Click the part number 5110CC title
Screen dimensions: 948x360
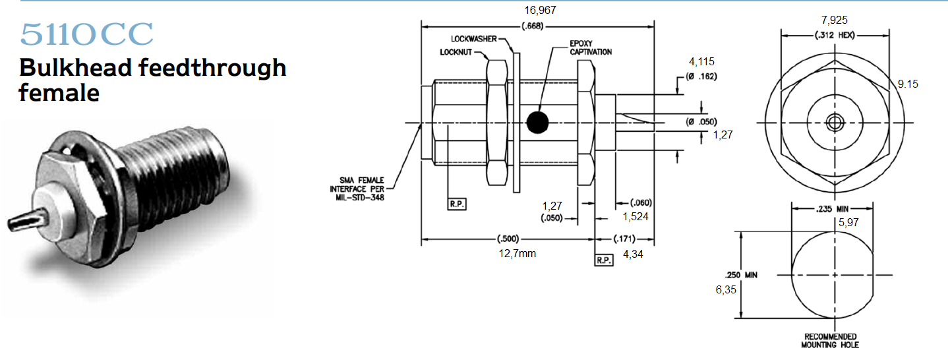point(86,34)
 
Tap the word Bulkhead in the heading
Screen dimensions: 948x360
point(76,68)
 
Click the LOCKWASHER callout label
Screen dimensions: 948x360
point(473,39)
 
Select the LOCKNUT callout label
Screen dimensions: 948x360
point(456,52)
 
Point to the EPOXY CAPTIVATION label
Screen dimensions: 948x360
point(591,48)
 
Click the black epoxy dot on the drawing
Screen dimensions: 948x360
point(537,122)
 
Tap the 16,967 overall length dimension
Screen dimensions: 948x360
point(540,10)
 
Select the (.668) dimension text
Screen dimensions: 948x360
point(533,26)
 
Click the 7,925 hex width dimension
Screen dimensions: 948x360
point(835,20)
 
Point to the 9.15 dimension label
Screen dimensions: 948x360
point(908,84)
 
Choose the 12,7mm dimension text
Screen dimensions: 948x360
point(517,253)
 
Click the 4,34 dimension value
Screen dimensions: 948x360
point(633,255)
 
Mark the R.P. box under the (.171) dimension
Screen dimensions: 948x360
point(604,260)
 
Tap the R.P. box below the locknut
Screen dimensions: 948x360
point(457,204)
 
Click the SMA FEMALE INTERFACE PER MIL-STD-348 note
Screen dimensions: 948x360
point(357,189)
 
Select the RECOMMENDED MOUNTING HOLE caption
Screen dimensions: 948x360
point(830,340)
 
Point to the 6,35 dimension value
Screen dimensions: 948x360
point(726,289)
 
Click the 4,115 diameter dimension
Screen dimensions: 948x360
point(701,62)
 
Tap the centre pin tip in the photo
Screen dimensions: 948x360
point(10,224)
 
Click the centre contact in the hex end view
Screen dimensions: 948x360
point(835,123)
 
